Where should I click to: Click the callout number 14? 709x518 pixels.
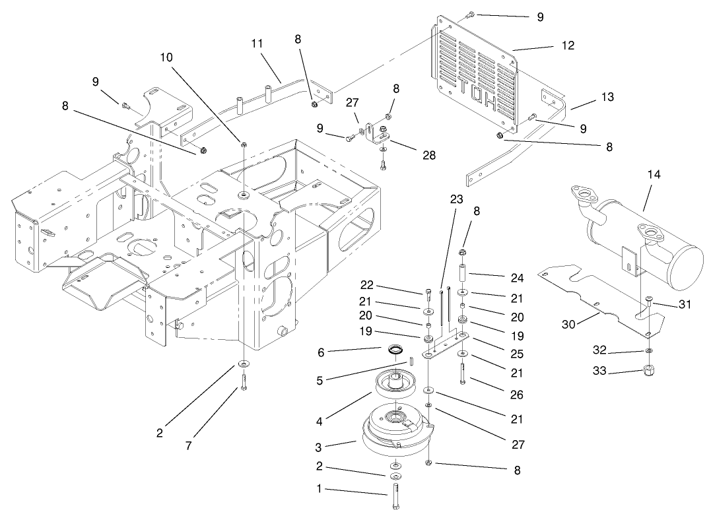tap(654, 174)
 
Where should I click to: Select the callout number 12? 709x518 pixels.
tap(567, 46)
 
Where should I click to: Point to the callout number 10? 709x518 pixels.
tap(166, 58)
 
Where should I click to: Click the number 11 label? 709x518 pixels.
tap(257, 43)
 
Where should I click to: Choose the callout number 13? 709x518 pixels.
tap(607, 97)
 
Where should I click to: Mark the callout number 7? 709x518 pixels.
tap(189, 446)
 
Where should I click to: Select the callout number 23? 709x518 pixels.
tap(457, 199)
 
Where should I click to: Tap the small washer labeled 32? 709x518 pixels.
tap(650, 350)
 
